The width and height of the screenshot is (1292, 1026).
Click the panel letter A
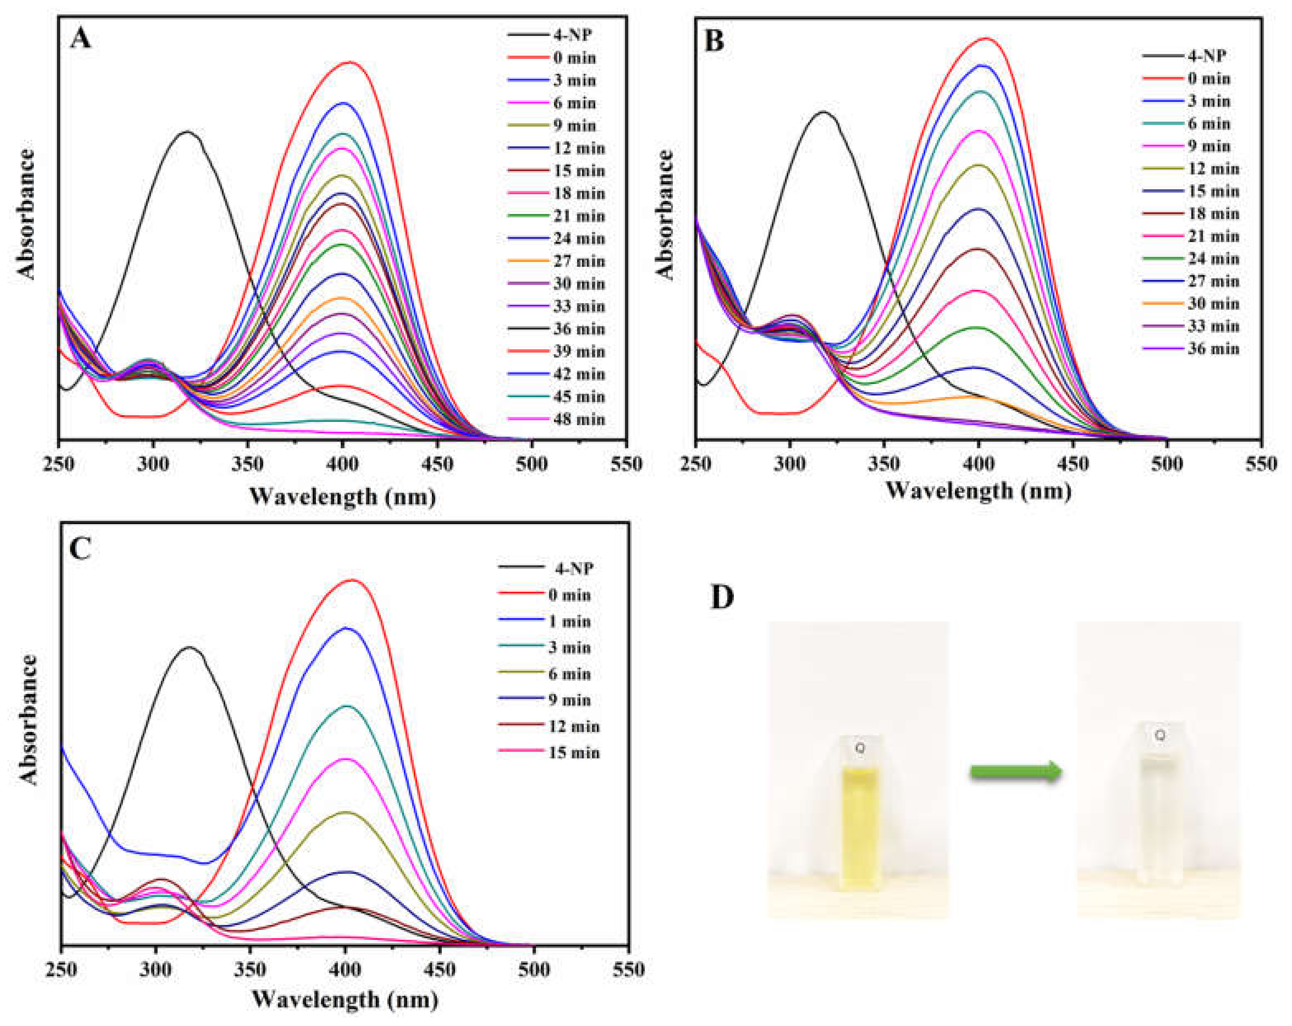[80, 40]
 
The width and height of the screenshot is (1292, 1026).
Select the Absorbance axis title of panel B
[665, 214]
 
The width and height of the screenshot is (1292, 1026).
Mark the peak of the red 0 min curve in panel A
[351, 62]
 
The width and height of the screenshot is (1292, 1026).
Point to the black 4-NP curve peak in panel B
[823, 112]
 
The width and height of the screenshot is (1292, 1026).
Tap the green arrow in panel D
[1015, 773]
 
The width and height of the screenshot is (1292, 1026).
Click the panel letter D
[722, 597]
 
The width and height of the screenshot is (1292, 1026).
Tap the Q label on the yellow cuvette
[860, 748]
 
